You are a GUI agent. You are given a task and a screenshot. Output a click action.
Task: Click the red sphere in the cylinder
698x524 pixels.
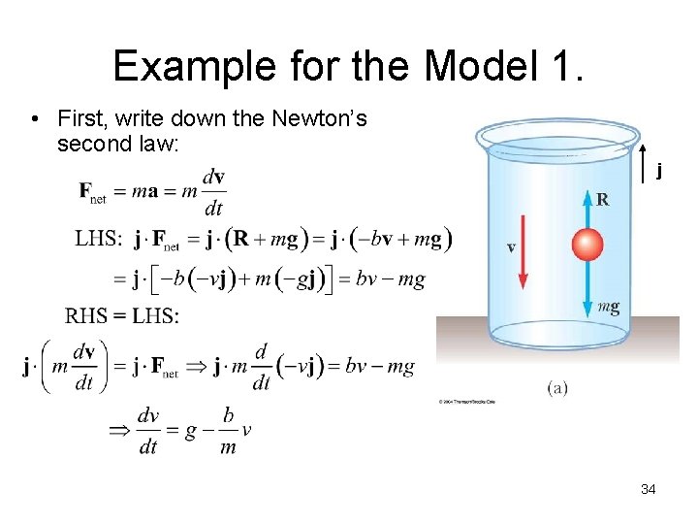(587, 245)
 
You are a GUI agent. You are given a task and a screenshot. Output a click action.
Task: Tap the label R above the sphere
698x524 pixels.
(603, 201)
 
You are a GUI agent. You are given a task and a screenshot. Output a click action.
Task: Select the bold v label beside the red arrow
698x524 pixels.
(511, 247)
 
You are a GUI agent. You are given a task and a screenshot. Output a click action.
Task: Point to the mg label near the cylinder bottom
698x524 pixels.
(608, 308)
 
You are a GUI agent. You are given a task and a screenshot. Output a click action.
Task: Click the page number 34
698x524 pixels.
(649, 489)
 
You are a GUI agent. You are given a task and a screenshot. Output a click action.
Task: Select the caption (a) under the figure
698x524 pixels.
(557, 388)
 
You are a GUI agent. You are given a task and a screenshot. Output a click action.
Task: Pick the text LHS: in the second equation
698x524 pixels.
(99, 238)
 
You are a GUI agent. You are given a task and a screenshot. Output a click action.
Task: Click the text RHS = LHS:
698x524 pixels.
(122, 315)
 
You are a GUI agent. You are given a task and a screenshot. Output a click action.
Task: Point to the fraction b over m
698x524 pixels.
(228, 430)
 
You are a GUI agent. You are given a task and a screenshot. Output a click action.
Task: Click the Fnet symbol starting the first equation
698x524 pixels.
(93, 191)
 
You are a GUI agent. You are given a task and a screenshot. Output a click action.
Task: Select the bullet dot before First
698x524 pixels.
(34, 120)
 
